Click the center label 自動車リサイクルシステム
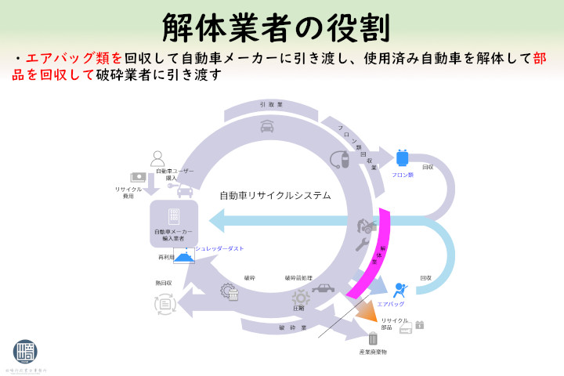275,195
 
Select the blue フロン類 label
403,175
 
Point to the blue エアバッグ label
390,303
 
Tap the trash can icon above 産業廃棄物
373,339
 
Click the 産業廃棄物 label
373,352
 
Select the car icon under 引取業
267,125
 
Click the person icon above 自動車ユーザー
158,158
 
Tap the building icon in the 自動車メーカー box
174,215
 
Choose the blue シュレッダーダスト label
219,248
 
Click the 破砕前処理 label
297,278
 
